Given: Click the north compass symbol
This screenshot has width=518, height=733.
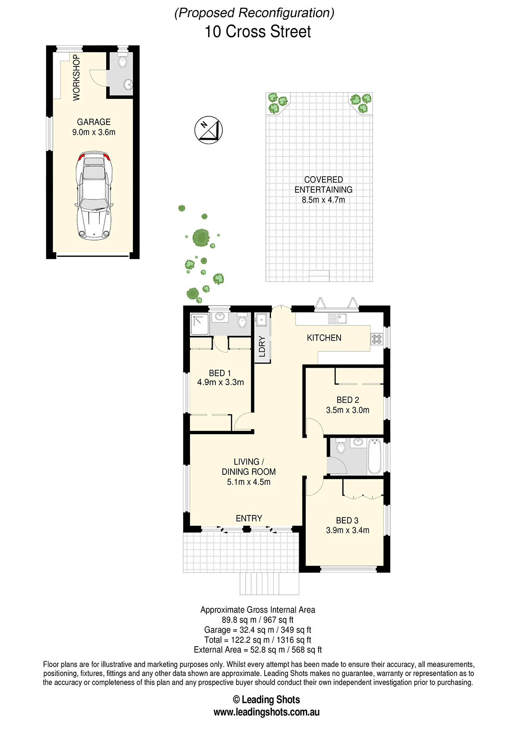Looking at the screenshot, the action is coord(208,130).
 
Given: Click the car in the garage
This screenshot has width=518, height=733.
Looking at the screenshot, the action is coord(94,196).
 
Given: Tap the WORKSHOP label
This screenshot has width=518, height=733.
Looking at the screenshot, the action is coord(76,78).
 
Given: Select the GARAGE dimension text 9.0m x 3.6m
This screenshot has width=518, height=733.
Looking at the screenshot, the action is coord(94,132).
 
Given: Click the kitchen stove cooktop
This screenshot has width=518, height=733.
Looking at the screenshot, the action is coord(377,339).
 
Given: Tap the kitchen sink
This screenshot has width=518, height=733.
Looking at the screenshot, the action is coord(338,318).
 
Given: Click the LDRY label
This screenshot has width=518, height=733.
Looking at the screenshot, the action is coord(262,347).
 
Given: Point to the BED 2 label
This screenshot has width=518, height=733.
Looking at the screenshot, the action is coord(347,400).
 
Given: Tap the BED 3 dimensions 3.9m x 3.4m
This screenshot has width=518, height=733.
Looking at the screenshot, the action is coord(347,530).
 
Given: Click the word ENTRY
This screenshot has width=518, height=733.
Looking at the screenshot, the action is coord(249,518).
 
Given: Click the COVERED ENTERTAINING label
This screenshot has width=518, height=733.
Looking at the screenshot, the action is coord(323,185).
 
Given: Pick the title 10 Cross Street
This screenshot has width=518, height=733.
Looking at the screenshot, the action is coord(258,32).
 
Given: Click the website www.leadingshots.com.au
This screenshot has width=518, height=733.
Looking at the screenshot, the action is coord(266,712).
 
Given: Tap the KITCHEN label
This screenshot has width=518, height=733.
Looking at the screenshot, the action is coord(324,338).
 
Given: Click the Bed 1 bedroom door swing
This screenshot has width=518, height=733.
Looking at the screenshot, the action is coord(243,422).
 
